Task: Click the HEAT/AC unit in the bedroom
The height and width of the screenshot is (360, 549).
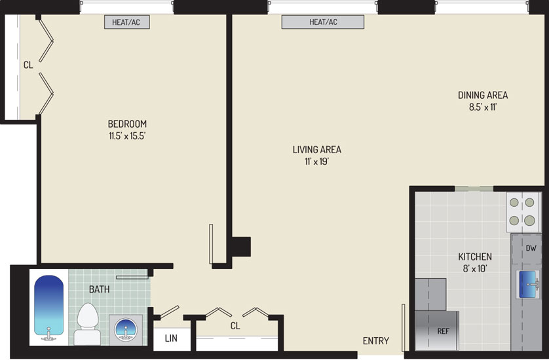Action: pos(126,22)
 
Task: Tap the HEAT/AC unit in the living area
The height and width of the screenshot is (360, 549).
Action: pos(323,22)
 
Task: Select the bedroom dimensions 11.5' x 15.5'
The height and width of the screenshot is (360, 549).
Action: pos(127,136)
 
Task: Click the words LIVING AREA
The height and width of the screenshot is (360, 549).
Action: pos(317,150)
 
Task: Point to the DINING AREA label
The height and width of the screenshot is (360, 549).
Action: pos(483,95)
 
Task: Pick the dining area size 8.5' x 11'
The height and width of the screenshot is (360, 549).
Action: pos(483,107)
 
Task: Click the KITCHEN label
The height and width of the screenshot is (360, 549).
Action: pos(475,257)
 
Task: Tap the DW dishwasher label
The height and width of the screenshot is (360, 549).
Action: pos(531,248)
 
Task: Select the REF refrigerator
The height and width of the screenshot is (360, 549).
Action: pos(437,331)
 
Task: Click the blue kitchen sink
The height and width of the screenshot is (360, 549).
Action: pos(527,284)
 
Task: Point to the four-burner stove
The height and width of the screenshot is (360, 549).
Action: pos(522,211)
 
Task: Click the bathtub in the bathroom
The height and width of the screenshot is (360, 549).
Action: pos(48,307)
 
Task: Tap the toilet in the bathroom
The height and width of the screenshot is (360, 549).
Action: pos(87,323)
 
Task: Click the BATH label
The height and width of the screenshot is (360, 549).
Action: pos(99,289)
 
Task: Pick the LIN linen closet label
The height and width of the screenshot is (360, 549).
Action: pos(171,338)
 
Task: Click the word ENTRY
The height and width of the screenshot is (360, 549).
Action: pos(375,341)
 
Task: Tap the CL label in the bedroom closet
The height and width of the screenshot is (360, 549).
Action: pos(28,65)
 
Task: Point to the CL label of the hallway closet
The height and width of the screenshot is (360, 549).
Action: pos(235,326)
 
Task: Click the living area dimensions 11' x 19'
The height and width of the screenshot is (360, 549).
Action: pos(317,162)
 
